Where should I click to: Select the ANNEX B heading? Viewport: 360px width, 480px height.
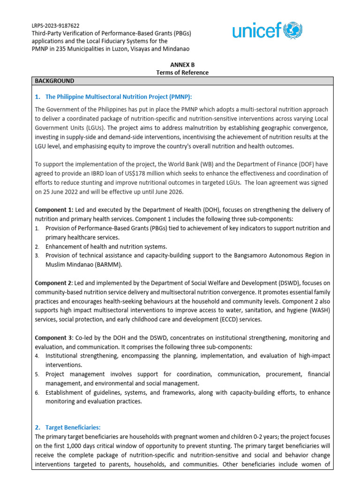(182, 65)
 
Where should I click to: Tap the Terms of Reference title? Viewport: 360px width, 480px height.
(182, 73)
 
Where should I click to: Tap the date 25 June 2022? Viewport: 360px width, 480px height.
(65, 191)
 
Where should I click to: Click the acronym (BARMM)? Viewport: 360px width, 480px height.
(105, 264)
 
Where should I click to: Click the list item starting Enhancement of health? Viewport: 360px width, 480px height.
(106, 246)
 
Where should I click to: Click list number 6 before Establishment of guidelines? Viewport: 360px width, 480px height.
(37, 392)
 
